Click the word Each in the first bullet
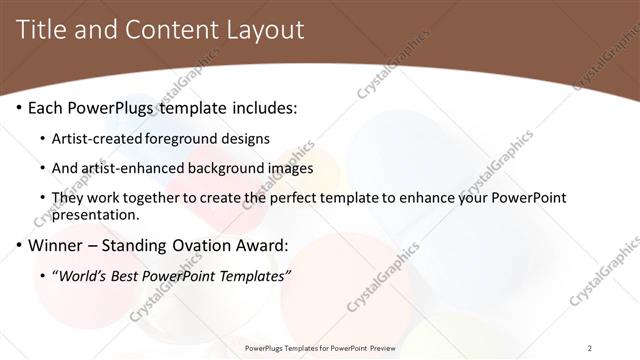click(45, 107)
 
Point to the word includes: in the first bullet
click(263, 107)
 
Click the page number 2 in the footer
click(590, 348)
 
